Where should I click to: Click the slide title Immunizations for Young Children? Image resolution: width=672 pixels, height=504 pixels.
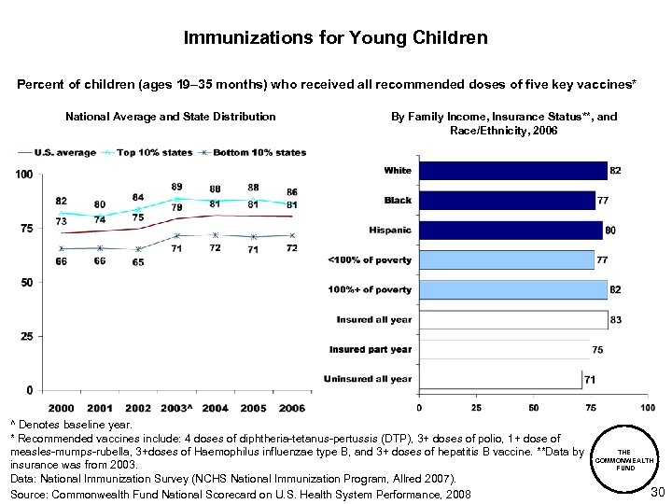335,38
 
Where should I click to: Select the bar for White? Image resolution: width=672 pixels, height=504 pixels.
511,171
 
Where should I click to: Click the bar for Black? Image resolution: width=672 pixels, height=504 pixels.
506,201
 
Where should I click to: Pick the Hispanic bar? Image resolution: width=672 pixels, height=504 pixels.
510,231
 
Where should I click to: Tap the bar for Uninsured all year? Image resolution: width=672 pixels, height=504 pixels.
499,378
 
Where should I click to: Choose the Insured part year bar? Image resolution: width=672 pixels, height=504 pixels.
504,349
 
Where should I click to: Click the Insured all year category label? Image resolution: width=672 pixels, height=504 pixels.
373,319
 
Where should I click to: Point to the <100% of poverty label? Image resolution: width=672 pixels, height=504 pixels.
369,259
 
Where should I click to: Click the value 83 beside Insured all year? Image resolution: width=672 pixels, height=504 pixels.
616,320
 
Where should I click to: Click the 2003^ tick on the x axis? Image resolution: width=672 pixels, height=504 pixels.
176,408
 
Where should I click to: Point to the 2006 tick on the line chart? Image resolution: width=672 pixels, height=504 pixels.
291,408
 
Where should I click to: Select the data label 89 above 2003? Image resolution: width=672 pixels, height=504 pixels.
176,187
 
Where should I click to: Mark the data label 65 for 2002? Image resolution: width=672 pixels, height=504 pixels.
138,263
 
